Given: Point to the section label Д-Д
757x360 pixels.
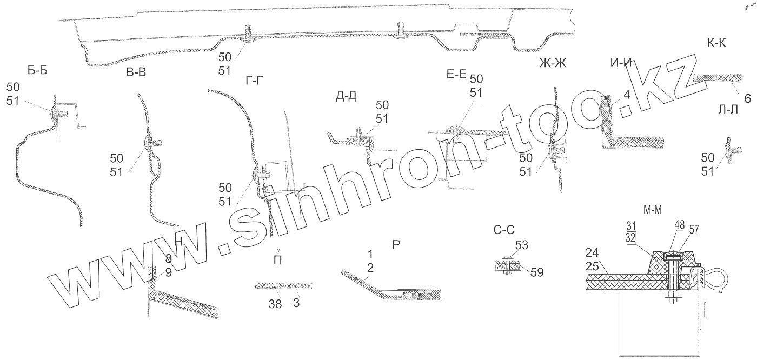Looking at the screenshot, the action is [346, 96].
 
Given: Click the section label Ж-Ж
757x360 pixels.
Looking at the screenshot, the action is [553, 63].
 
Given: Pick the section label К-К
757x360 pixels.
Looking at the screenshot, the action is [716, 44].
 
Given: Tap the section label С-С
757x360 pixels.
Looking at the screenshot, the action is [504, 230].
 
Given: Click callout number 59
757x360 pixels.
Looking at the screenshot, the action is [536, 271].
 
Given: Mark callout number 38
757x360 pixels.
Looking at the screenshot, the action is [275, 304].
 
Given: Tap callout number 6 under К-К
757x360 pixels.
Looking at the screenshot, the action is [748, 98].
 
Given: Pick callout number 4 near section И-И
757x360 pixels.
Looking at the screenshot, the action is [626, 95].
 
